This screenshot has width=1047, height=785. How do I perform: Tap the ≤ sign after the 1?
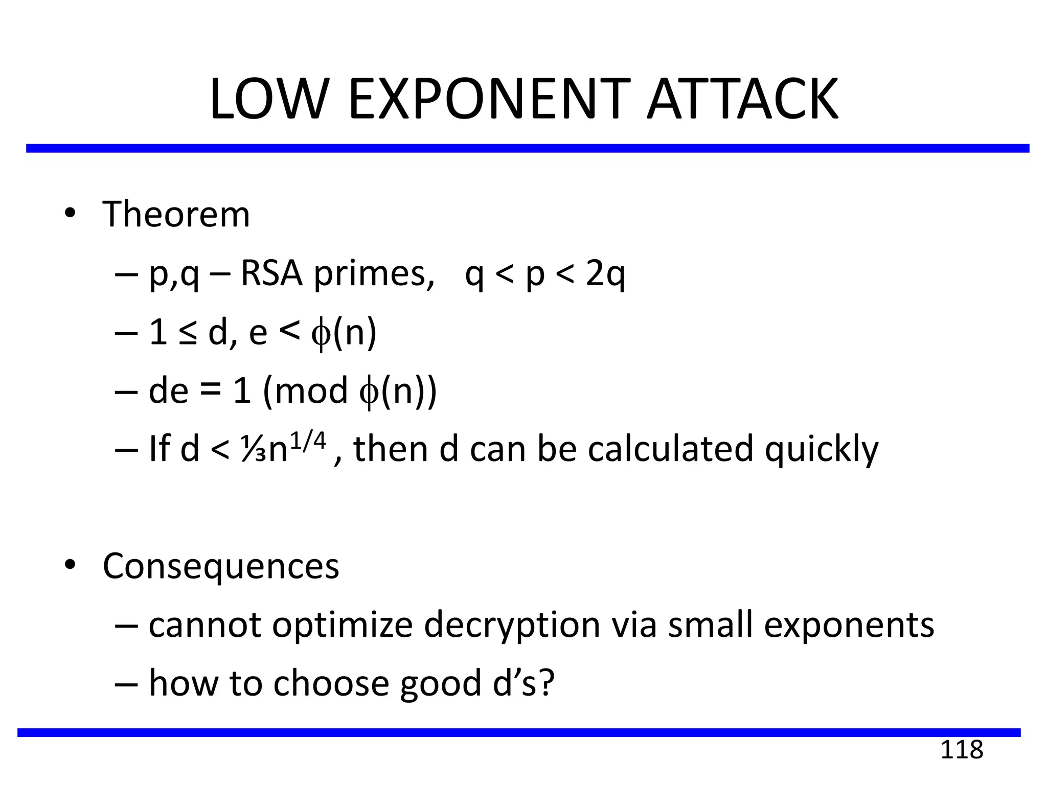188,333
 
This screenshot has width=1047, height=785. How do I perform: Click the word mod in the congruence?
311,391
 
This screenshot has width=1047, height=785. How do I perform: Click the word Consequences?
221,566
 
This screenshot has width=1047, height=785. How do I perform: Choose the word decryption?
512,626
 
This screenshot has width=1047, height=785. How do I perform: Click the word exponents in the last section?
849,626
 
